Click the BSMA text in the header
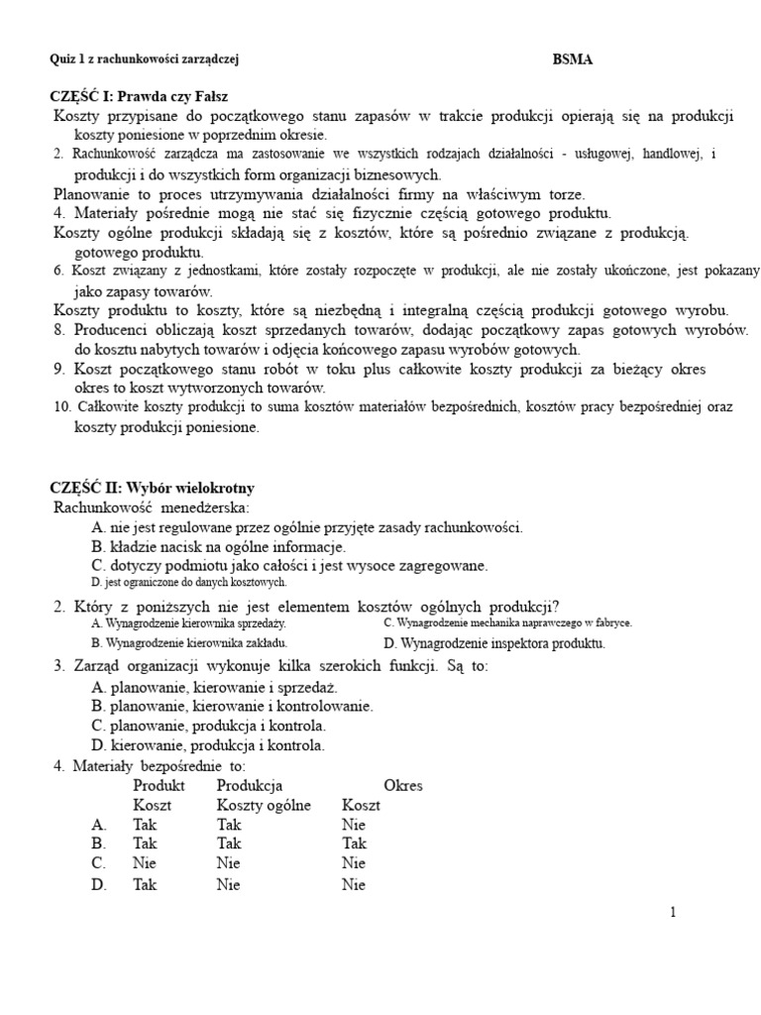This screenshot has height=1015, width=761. click(573, 59)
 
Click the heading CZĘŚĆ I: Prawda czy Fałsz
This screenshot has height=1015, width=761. click(140, 96)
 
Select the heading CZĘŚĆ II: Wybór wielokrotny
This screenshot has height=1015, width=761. click(152, 488)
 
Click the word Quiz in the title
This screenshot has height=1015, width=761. click(61, 59)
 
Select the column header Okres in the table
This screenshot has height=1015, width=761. click(402, 785)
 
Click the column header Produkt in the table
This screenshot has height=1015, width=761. click(160, 785)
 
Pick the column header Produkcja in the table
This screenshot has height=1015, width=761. click(250, 785)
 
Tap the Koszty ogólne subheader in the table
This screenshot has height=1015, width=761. click(264, 805)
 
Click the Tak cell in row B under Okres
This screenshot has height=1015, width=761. click(354, 844)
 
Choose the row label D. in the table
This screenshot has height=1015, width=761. click(98, 884)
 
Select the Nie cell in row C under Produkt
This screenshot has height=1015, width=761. click(145, 863)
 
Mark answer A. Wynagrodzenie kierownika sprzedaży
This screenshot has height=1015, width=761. click(188, 623)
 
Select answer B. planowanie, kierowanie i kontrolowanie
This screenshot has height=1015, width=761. click(232, 706)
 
